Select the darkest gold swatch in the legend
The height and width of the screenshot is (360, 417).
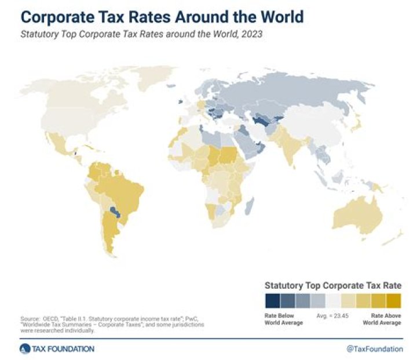click(x=394, y=301)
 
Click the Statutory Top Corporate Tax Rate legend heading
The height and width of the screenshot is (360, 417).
click(x=332, y=285)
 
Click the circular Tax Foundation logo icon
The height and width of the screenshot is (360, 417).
click(x=24, y=348)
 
